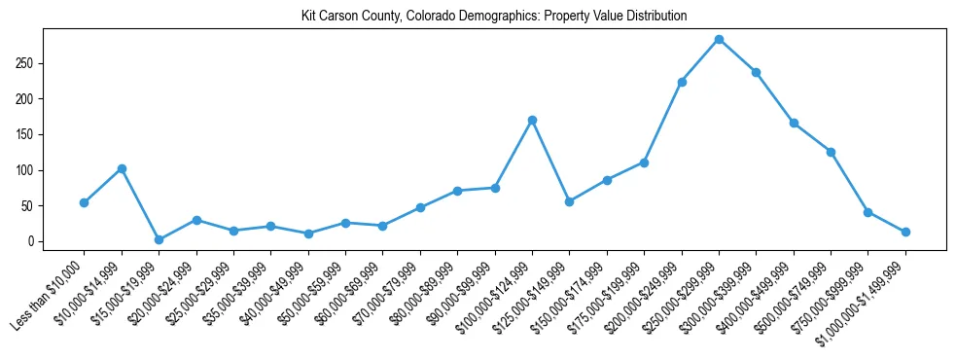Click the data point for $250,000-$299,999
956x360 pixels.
click(x=719, y=39)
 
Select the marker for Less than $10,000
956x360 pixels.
click(x=84, y=202)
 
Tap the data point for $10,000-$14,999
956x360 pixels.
click(x=122, y=168)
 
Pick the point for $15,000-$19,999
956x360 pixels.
click(x=159, y=239)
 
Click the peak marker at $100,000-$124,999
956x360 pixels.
click(x=532, y=120)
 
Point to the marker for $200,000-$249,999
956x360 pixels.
click(x=682, y=82)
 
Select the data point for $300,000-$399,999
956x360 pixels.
click(x=756, y=72)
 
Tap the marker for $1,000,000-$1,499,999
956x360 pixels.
click(x=905, y=232)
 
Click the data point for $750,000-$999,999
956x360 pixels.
click(x=867, y=212)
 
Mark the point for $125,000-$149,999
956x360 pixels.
click(x=569, y=201)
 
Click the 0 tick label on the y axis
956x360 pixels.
click(x=31, y=241)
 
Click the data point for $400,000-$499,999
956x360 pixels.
click(x=794, y=123)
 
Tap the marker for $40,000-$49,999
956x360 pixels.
click(x=308, y=234)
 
